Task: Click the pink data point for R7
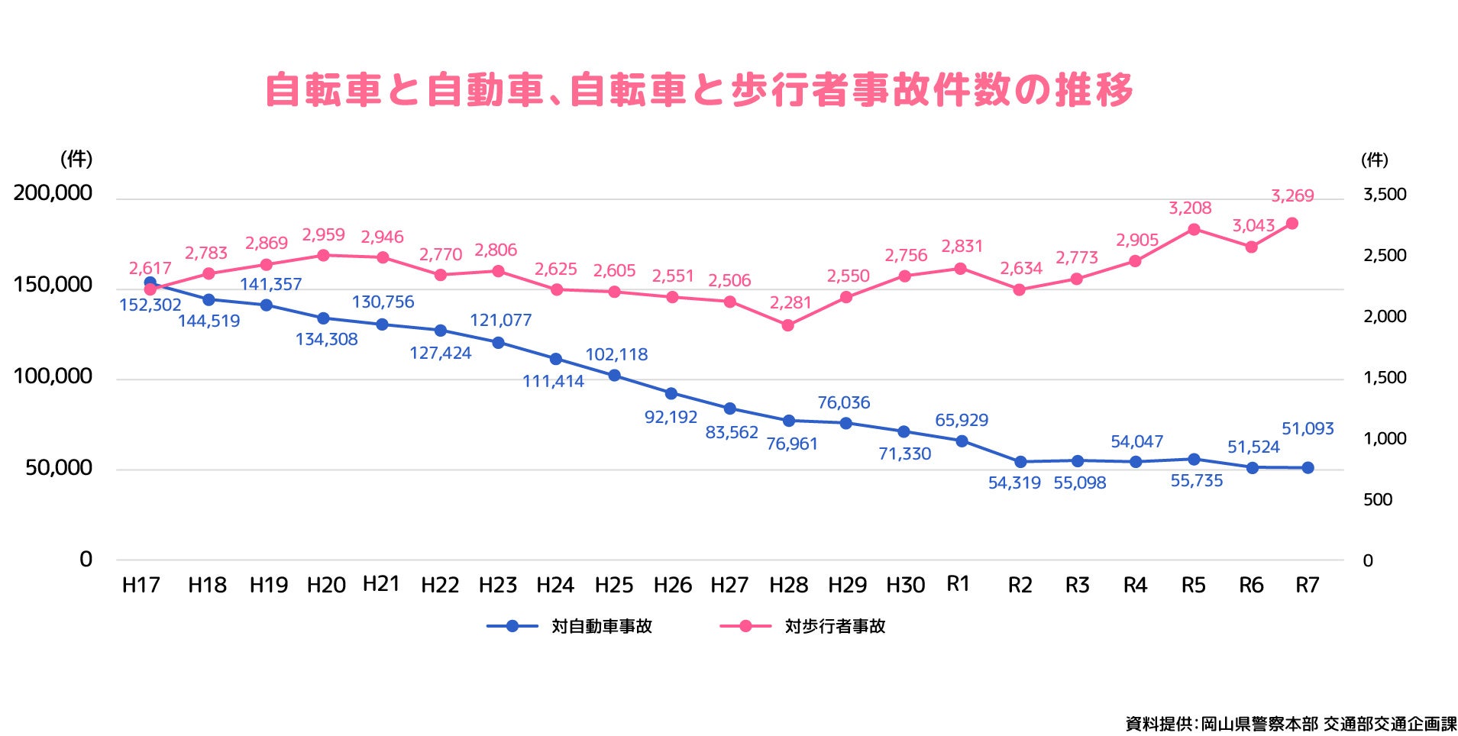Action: pyautogui.click(x=1292, y=224)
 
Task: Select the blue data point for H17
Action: pyautogui.click(x=150, y=282)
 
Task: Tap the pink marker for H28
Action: pyautogui.click(x=787, y=325)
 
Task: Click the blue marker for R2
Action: pyautogui.click(x=1020, y=462)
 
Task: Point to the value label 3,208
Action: pyautogui.click(x=1190, y=208)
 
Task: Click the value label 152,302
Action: pyautogui.click(x=150, y=305)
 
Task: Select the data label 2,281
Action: pyautogui.click(x=790, y=303)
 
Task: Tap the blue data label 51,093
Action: pyautogui.click(x=1308, y=429)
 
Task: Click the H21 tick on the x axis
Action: pyautogui.click(x=381, y=584)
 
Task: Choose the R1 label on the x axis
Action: pyautogui.click(x=958, y=584)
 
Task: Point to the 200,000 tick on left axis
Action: pyautogui.click(x=53, y=193)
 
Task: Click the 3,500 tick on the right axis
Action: pyautogui.click(x=1385, y=195)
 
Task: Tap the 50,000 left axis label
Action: pyautogui.click(x=59, y=468)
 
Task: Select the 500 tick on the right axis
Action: pyautogui.click(x=1378, y=500)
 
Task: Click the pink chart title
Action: pyautogui.click(x=698, y=90)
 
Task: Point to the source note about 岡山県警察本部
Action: pyautogui.click(x=1291, y=723)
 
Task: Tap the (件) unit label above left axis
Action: pyautogui.click(x=76, y=159)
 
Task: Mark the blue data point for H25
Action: pyautogui.click(x=614, y=376)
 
